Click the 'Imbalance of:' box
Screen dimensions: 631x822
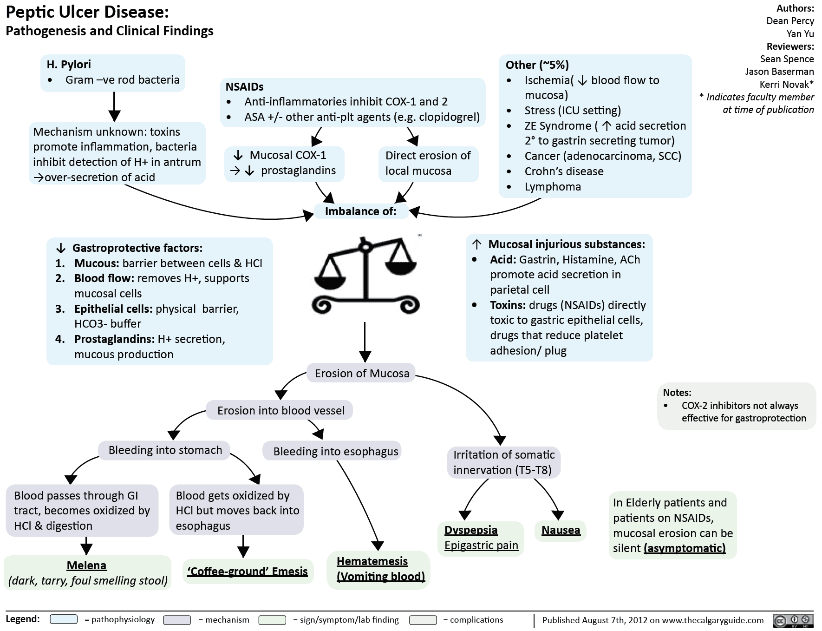[360, 211]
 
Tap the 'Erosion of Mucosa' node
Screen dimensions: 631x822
[362, 373]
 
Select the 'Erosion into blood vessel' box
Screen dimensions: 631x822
[281, 410]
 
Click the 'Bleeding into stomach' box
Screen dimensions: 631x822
[165, 450]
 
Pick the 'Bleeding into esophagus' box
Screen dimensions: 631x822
[335, 451]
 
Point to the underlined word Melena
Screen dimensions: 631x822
[86, 565]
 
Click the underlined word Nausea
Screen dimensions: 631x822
[561, 530]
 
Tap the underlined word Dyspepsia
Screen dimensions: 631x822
[470, 530]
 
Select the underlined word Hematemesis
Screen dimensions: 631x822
[372, 561]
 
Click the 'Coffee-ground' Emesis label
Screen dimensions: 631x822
[248, 571]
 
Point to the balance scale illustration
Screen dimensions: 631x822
[366, 274]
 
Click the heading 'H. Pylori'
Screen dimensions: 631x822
[69, 64]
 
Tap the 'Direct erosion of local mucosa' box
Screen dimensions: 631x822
[428, 163]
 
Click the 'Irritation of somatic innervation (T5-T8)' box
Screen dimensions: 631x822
[503, 462]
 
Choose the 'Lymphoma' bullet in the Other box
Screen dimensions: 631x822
[553, 186]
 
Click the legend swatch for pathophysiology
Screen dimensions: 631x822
[64, 619]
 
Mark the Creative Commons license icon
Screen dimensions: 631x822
[793, 620]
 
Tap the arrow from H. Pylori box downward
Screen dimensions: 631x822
[114, 106]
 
